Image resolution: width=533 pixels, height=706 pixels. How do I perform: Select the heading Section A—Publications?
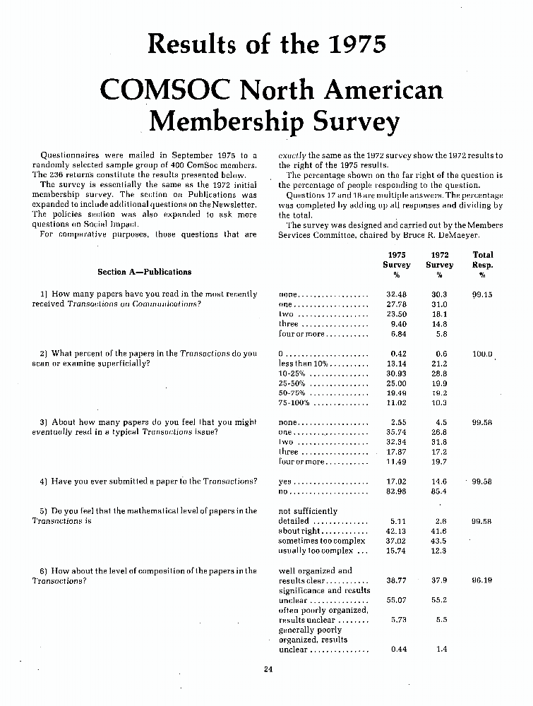click(144, 271)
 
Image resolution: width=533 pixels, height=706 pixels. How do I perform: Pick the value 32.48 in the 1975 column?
click(397, 294)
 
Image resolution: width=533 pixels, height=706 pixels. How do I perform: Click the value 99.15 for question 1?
click(483, 294)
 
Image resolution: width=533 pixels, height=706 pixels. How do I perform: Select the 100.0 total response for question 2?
click(483, 353)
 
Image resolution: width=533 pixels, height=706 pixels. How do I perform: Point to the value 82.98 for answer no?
click(397, 491)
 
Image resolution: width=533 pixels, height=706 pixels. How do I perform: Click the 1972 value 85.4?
click(441, 491)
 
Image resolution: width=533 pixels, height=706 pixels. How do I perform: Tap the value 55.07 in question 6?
click(397, 599)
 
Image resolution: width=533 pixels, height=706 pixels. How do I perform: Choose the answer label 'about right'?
click(299, 531)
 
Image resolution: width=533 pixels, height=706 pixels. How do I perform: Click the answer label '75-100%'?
click(294, 402)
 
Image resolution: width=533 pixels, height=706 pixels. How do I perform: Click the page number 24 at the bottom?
click(268, 670)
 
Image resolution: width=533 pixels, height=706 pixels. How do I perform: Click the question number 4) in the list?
click(44, 481)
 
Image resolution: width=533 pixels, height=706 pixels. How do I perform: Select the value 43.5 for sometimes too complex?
click(441, 541)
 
